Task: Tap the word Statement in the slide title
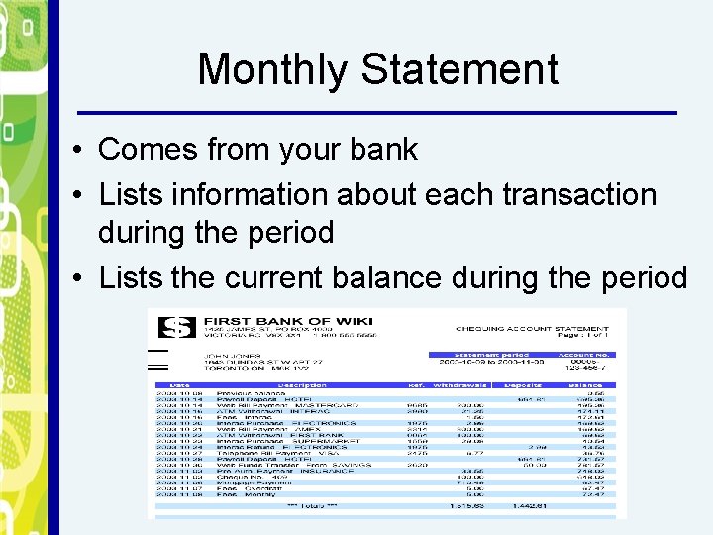(459, 70)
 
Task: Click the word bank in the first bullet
(382, 150)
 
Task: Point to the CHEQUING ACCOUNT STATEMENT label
(533, 328)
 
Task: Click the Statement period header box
(491, 354)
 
